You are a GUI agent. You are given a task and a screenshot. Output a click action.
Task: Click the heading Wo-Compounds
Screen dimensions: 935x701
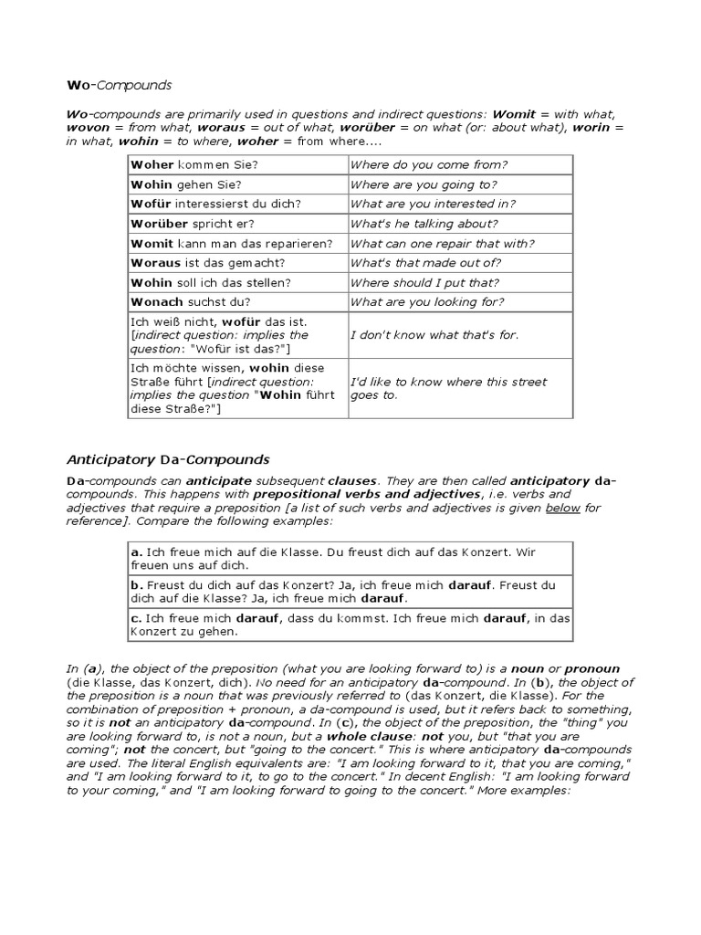pyautogui.click(x=119, y=86)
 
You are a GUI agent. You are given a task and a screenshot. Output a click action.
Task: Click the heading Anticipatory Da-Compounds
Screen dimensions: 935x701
pyautogui.click(x=168, y=458)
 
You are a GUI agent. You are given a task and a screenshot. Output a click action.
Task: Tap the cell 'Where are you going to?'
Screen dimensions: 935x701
pyautogui.click(x=421, y=184)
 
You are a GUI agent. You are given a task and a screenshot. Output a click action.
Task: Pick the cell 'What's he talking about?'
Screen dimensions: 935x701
pyautogui.click(x=424, y=224)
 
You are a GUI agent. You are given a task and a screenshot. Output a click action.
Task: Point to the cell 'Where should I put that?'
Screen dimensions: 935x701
pyautogui.click(x=424, y=283)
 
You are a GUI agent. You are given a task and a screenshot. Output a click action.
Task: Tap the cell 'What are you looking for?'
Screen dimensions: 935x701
pyautogui.click(x=426, y=302)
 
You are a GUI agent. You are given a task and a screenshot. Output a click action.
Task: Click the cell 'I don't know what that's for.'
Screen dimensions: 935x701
pyautogui.click(x=434, y=335)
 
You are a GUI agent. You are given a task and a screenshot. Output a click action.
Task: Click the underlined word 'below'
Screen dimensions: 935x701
pyautogui.click(x=562, y=508)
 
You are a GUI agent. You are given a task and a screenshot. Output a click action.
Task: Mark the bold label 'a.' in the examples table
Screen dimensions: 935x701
pyautogui.click(x=137, y=552)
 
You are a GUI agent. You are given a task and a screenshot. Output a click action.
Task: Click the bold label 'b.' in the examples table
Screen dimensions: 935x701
pyautogui.click(x=137, y=585)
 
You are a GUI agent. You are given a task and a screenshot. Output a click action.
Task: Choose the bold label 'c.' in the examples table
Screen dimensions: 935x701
pyautogui.click(x=137, y=618)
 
